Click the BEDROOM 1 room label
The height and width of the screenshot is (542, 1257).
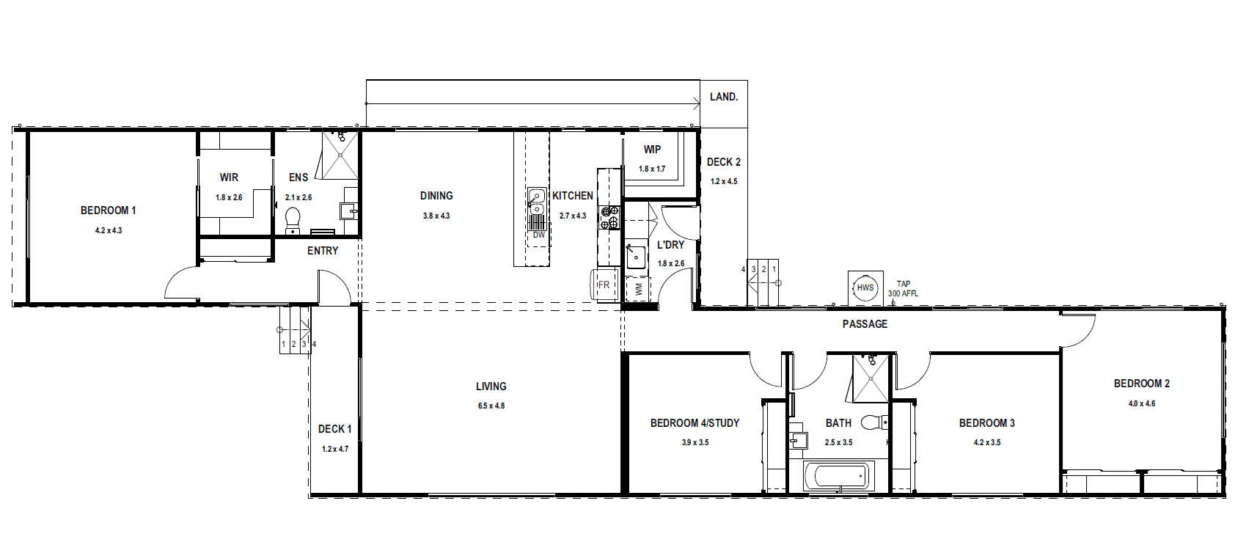pyautogui.click(x=109, y=210)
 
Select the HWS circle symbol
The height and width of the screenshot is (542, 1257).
pyautogui.click(x=865, y=288)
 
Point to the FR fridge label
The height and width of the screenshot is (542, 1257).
pyautogui.click(x=604, y=285)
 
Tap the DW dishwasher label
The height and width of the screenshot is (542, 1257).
pyautogui.click(x=539, y=235)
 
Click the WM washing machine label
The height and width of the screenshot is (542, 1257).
pyautogui.click(x=639, y=290)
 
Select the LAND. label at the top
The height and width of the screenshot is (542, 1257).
pyautogui.click(x=724, y=97)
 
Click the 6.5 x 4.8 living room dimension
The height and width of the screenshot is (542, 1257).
pyautogui.click(x=491, y=406)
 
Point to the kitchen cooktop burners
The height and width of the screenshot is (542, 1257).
pyautogui.click(x=609, y=219)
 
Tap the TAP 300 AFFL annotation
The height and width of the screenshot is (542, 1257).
pyautogui.click(x=903, y=288)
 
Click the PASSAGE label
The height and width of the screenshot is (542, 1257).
pyautogui.click(x=865, y=323)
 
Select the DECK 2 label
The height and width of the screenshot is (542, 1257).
pyautogui.click(x=723, y=162)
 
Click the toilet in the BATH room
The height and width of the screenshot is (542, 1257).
pyautogui.click(x=874, y=422)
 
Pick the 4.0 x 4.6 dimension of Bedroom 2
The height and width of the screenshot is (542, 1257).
pyautogui.click(x=1141, y=403)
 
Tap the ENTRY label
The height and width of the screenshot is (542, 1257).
pyautogui.click(x=323, y=251)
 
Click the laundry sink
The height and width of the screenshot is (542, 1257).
pyautogui.click(x=636, y=257)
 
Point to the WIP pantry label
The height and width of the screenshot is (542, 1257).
pyautogui.click(x=652, y=150)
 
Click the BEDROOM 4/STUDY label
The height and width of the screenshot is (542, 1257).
pyautogui.click(x=695, y=423)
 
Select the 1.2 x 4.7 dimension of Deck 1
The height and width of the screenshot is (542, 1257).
pyautogui.click(x=335, y=449)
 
